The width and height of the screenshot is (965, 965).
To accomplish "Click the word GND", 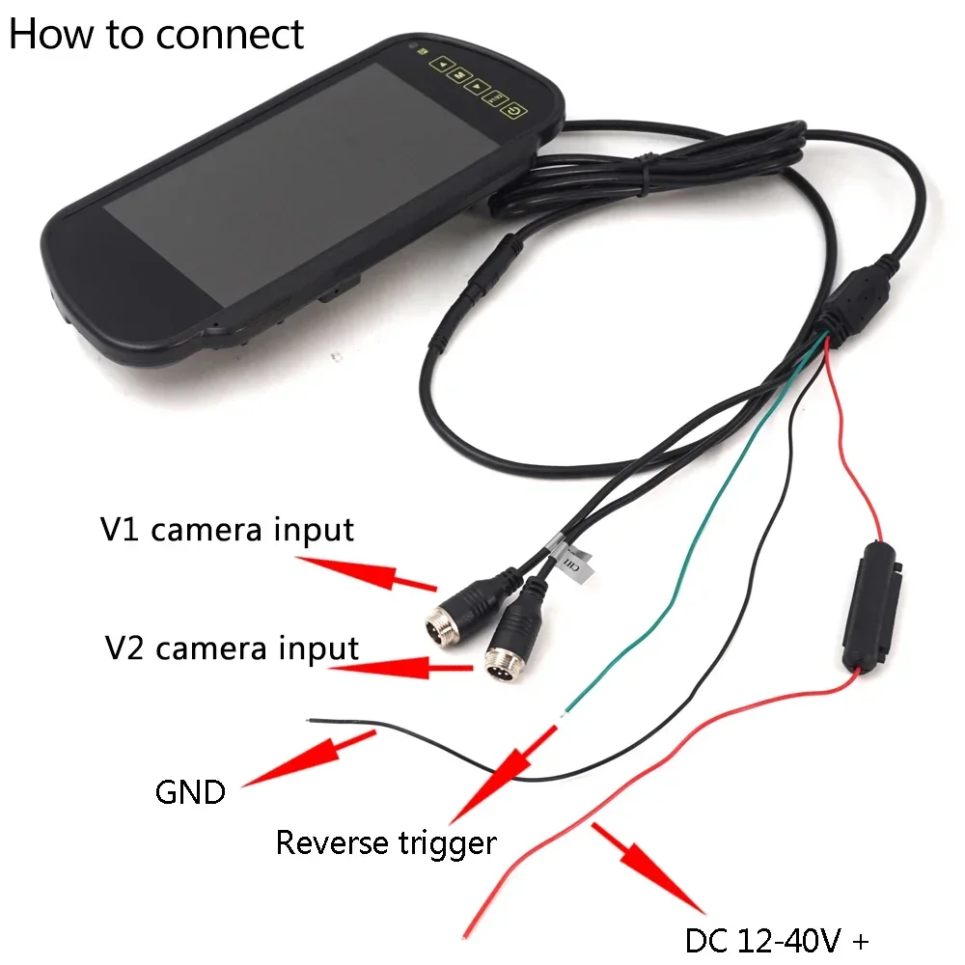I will [x=190, y=793].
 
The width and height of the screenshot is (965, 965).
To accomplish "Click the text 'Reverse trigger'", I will [x=386, y=842].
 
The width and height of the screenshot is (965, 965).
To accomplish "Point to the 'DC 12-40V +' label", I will [x=778, y=938].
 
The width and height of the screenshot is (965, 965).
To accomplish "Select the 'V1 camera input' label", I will [x=228, y=529].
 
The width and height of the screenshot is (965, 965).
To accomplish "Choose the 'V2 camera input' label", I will [x=232, y=648].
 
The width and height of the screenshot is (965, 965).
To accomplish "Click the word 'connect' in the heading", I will [x=230, y=34].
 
